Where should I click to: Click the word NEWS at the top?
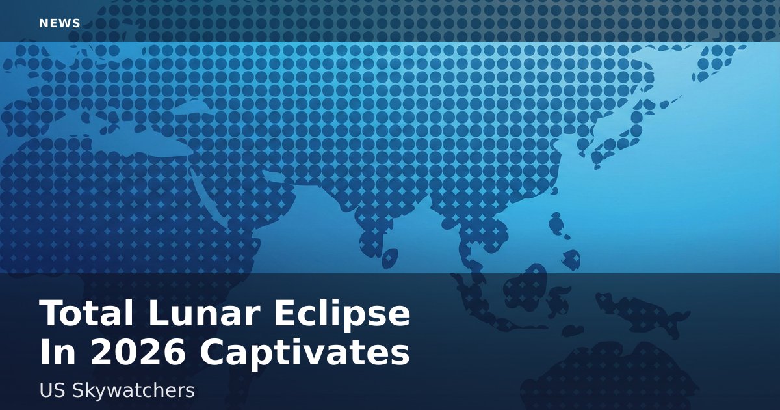pyautogui.click(x=60, y=23)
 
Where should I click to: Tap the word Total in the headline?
pyautogui.click(x=86, y=313)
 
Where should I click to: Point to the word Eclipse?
pyautogui.click(x=343, y=316)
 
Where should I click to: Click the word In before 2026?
pyautogui.click(x=58, y=352)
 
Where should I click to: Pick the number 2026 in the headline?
pyautogui.click(x=138, y=352)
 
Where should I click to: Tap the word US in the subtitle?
pyautogui.click(x=52, y=390)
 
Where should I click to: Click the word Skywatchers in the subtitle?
pyautogui.click(x=133, y=392)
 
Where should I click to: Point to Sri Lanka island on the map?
pyautogui.click(x=390, y=258)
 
